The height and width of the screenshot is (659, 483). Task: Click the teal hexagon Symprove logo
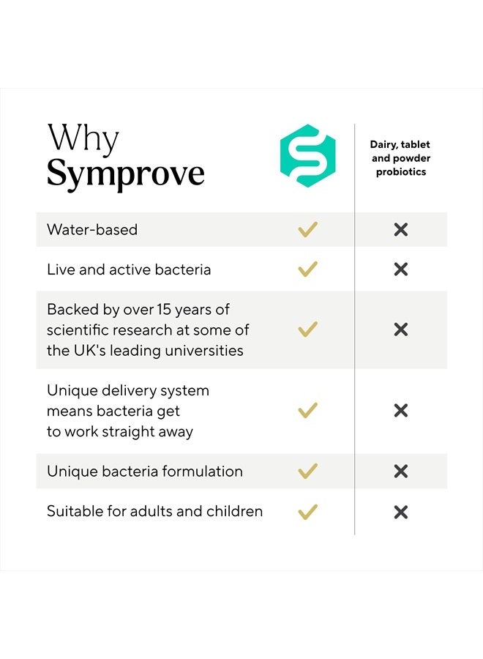(x=308, y=155)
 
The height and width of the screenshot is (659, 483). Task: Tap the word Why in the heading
(x=83, y=138)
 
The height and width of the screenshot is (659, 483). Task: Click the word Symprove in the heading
(x=126, y=174)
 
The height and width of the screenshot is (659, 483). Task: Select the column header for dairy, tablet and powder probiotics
(x=400, y=158)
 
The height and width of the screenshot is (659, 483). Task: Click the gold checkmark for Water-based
(x=308, y=229)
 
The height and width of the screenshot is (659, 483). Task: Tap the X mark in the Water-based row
(x=401, y=229)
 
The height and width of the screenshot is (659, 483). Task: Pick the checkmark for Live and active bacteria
(x=308, y=269)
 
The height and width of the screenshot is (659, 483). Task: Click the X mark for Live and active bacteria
(x=401, y=269)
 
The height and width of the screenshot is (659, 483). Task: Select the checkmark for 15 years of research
(x=308, y=329)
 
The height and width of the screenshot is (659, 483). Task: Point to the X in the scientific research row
(x=401, y=329)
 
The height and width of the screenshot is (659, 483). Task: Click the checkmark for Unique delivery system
(x=308, y=410)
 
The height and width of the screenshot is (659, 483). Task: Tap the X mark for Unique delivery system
(x=401, y=410)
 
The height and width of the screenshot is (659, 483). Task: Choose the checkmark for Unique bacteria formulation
(x=308, y=471)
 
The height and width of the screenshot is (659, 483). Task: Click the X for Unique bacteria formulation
(x=401, y=471)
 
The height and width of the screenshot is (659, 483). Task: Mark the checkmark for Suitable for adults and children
(x=308, y=512)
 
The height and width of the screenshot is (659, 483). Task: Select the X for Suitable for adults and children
(x=401, y=512)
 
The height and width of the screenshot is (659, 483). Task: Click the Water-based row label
(x=92, y=229)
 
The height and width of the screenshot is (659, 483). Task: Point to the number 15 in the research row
(x=164, y=310)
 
